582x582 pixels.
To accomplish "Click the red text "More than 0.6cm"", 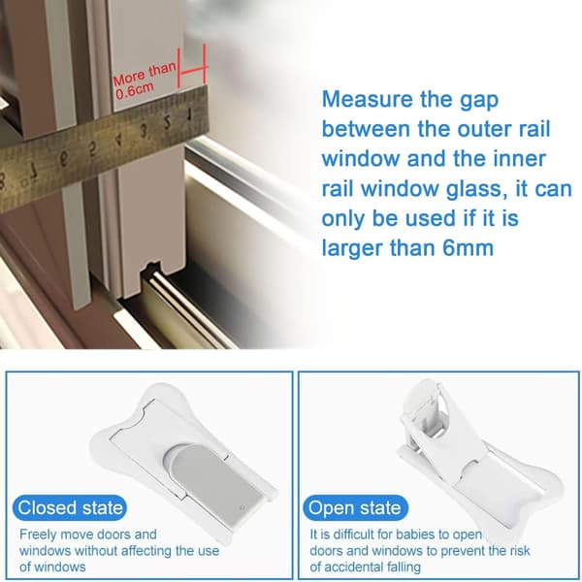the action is pyautogui.click(x=145, y=80).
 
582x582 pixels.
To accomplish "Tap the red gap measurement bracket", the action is pyautogui.click(x=192, y=67).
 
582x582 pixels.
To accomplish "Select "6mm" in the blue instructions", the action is pyautogui.click(x=469, y=248).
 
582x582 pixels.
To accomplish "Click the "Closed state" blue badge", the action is pyautogui.click(x=70, y=507).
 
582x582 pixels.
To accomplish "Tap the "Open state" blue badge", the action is pyautogui.click(x=355, y=507).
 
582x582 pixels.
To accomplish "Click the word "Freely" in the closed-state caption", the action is pyautogui.click(x=38, y=534).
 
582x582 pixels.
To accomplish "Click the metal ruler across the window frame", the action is pyautogui.click(x=103, y=149).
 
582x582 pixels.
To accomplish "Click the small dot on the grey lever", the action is pyautogui.click(x=242, y=507).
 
